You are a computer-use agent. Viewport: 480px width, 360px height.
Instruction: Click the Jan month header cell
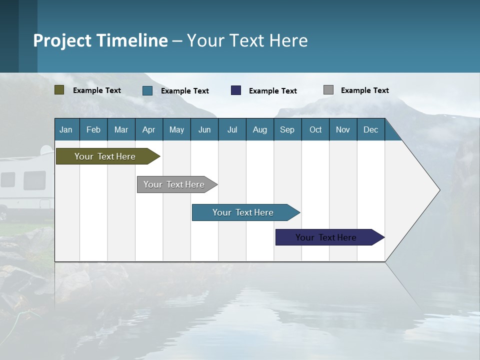pyautogui.click(x=66, y=129)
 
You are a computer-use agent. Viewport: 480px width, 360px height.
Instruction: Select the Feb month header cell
pyautogui.click(x=93, y=129)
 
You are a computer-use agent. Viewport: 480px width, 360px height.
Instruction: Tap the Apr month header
pyautogui.click(x=149, y=129)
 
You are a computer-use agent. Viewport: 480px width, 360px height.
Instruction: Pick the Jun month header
pyautogui.click(x=204, y=129)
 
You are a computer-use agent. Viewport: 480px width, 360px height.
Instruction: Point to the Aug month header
pyautogui.click(x=260, y=129)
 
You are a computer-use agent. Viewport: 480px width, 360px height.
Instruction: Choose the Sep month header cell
pyautogui.click(x=287, y=129)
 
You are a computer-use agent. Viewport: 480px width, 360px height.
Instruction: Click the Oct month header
pyautogui.click(x=315, y=129)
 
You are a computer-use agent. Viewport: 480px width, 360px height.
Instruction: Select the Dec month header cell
pyautogui.click(x=371, y=129)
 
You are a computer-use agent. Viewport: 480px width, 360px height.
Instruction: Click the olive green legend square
pyautogui.click(x=59, y=90)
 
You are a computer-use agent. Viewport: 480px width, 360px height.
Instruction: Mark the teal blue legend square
pyautogui.click(x=147, y=90)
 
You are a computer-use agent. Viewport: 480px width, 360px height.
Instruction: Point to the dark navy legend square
pyautogui.click(x=236, y=90)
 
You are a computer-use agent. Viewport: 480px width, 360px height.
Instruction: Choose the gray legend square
pyautogui.click(x=328, y=90)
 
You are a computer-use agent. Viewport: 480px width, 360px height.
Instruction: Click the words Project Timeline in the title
pyautogui.click(x=100, y=40)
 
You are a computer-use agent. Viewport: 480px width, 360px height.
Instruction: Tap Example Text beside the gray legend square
pyautogui.click(x=364, y=90)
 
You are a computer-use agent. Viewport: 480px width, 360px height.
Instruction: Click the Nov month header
pyautogui.click(x=343, y=129)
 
